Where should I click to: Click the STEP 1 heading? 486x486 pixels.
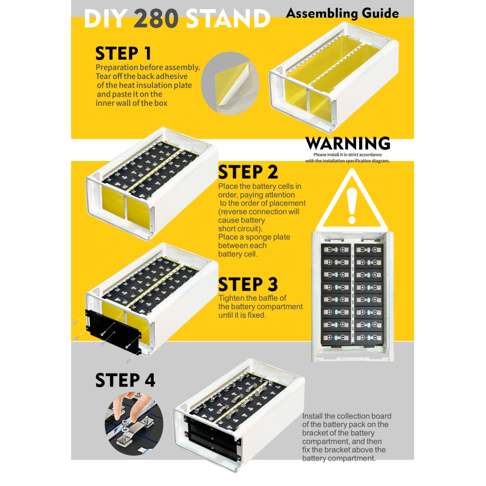pyautogui.click(x=123, y=53)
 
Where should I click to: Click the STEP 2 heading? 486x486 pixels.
pyautogui.click(x=248, y=173)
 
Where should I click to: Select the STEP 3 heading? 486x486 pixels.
pyautogui.click(x=248, y=284)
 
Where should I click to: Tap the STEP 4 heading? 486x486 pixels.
pyautogui.click(x=125, y=380)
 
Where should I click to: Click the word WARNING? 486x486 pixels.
pyautogui.click(x=347, y=144)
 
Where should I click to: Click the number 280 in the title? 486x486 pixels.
pyautogui.click(x=156, y=19)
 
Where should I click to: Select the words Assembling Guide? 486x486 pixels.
pyautogui.click(x=342, y=13)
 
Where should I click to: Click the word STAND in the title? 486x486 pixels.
pyautogui.click(x=227, y=19)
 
